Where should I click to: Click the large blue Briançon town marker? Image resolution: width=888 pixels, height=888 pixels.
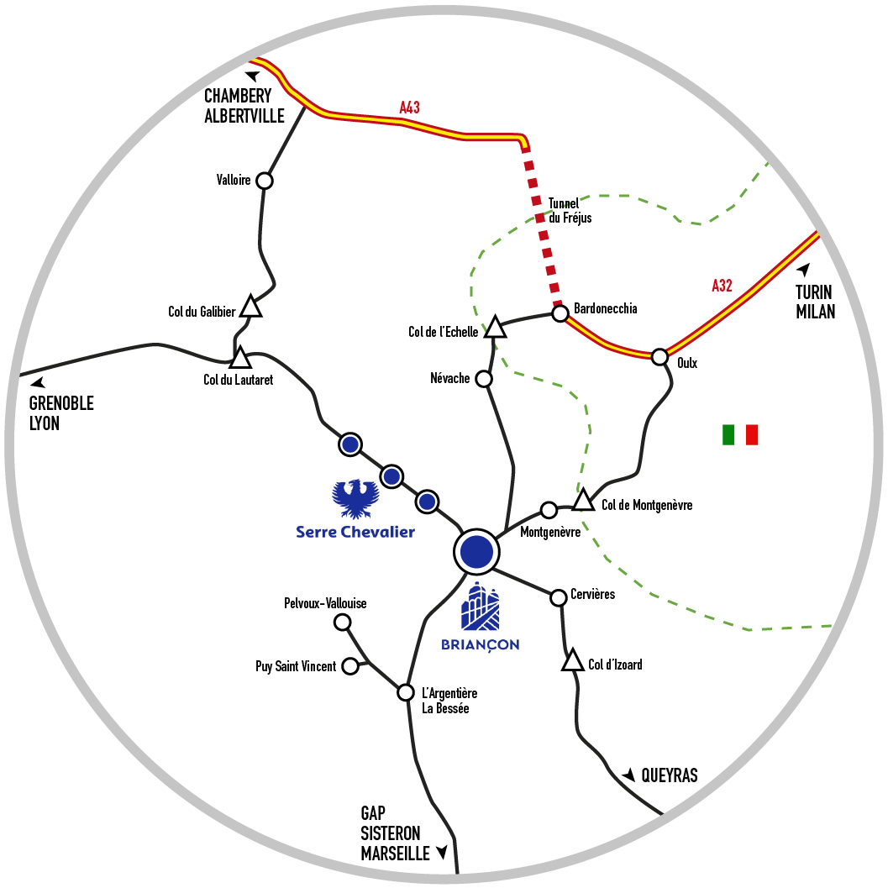pyautogui.click(x=476, y=551)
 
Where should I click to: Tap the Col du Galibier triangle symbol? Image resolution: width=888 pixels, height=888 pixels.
pyautogui.click(x=250, y=307)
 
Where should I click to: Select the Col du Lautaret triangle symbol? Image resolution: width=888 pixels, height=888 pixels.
pyautogui.click(x=240, y=358)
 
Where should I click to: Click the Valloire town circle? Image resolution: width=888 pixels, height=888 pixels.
pyautogui.click(x=265, y=181)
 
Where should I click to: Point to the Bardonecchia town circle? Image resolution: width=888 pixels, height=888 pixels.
pyautogui.click(x=560, y=313)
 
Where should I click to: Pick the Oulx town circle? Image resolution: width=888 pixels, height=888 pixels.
pyautogui.click(x=659, y=355)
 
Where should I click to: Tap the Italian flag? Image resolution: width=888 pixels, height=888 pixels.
pyautogui.click(x=740, y=434)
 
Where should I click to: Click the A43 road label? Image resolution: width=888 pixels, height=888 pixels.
pyautogui.click(x=409, y=107)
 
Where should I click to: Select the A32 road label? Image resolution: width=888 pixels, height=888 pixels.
pyautogui.click(x=722, y=286)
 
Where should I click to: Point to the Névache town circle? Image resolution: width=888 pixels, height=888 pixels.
pyautogui.click(x=484, y=379)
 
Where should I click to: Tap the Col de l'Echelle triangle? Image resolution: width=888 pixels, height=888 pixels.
pyautogui.click(x=496, y=328)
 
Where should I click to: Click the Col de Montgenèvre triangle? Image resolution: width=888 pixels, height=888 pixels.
pyautogui.click(x=583, y=502)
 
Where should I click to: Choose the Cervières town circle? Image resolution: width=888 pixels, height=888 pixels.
pyautogui.click(x=558, y=597)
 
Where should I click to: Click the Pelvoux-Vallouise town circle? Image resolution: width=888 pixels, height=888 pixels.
pyautogui.click(x=342, y=622)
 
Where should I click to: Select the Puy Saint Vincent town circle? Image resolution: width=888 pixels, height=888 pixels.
pyautogui.click(x=350, y=667)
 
